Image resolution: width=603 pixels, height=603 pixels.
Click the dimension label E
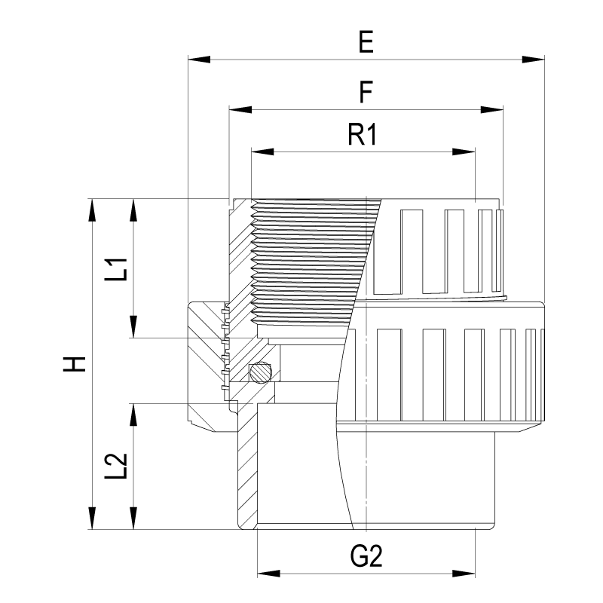tap(366, 42)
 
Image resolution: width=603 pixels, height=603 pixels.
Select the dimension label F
tap(366, 93)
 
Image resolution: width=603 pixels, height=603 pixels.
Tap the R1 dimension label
tap(363, 135)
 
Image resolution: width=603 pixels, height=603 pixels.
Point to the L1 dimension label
tap(115, 268)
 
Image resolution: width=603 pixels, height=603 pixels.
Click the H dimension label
tap(73, 364)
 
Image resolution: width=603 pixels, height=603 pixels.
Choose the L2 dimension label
tap(115, 467)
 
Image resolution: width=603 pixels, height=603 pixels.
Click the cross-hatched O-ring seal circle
tap(261, 372)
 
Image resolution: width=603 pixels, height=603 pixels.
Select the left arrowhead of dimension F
tap(239, 110)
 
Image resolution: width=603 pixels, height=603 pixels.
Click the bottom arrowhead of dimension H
tap(92, 519)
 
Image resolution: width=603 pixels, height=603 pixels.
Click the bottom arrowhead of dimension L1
tap(133, 328)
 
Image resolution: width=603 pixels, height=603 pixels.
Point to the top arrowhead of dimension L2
tap(133, 413)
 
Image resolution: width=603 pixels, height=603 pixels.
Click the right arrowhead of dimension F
tap(492, 110)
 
